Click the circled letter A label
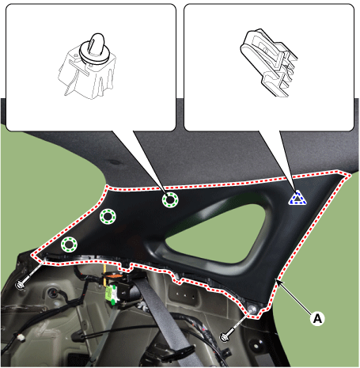tap(317, 319)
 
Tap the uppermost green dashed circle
tap(170, 199)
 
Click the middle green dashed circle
tap(108, 217)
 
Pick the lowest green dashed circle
tap(69, 245)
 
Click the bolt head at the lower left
tap(20, 285)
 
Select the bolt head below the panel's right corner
tap(225, 337)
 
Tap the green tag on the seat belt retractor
tap(111, 294)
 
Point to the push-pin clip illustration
tap(88, 66)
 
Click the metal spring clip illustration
tap(269, 62)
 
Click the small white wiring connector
tap(21, 338)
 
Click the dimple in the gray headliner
tap(115, 161)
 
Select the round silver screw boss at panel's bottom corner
tap(252, 309)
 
